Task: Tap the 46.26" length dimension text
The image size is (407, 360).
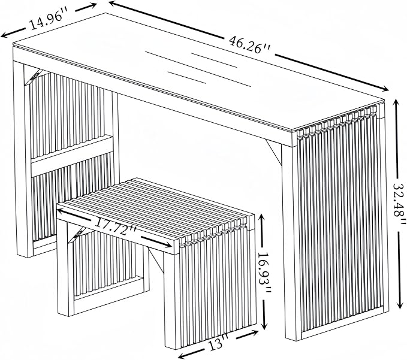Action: coord(250,45)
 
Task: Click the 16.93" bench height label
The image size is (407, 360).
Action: coord(264,273)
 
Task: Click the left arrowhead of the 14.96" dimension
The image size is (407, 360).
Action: coord(5,35)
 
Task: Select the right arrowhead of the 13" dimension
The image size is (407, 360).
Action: coord(254,332)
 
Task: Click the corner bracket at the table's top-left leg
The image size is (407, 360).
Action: coord(33,77)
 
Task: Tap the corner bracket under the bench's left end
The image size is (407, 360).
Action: coord(76,235)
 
